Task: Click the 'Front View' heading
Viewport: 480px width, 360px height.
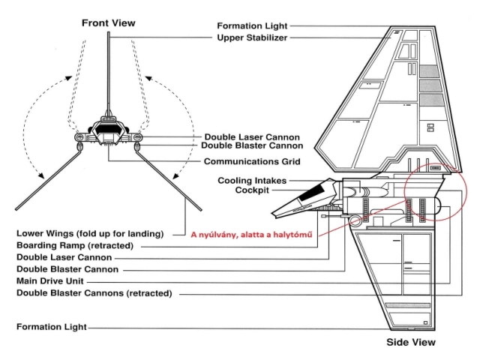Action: (108, 23)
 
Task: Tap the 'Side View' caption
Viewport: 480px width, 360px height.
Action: (411, 342)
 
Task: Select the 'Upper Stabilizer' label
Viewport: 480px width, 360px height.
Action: (252, 37)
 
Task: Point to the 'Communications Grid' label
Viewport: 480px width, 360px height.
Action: (252, 161)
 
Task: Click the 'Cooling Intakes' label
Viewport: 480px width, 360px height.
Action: (252, 181)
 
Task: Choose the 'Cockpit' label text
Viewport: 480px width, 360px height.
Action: (252, 190)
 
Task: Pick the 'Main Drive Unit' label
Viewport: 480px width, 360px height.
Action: (50, 281)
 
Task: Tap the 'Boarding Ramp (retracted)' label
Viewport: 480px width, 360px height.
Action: (75, 245)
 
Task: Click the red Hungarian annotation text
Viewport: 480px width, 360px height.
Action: (252, 235)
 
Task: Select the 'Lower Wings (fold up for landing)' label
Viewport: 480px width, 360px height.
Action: (90, 233)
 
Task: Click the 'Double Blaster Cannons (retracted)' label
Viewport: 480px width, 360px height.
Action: (94, 293)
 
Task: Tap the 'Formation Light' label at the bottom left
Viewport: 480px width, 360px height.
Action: (52, 327)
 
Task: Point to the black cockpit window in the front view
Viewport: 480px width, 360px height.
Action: (109, 130)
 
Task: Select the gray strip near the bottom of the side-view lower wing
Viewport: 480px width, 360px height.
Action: (408, 305)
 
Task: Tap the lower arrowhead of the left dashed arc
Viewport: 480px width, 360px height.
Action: (40, 175)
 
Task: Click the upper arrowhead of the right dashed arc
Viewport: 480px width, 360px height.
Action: (148, 79)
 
